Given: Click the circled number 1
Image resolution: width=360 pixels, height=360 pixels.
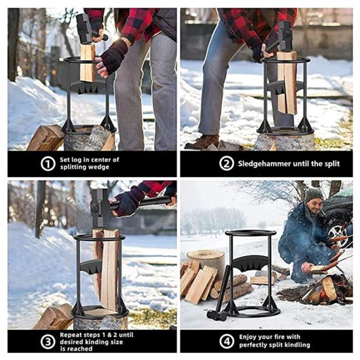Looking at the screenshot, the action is (48, 164).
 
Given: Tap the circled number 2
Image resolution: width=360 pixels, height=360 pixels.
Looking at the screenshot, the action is (226, 163).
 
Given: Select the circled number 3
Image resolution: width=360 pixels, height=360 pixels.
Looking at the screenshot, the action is (48, 342).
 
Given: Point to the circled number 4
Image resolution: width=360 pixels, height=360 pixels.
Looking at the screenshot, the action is (226, 342).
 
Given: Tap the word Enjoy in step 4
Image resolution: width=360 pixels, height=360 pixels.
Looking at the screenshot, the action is (247, 337).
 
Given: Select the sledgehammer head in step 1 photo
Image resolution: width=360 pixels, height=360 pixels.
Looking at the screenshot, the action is (84, 29).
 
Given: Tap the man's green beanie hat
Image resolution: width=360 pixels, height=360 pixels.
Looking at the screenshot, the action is (314, 195).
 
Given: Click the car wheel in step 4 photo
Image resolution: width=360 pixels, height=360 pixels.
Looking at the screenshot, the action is (339, 233).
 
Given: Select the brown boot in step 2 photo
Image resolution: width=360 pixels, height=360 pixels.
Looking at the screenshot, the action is (202, 142).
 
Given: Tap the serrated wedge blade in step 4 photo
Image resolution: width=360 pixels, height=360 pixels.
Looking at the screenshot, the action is (251, 265).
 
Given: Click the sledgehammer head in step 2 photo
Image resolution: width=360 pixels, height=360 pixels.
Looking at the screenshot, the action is (285, 37).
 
